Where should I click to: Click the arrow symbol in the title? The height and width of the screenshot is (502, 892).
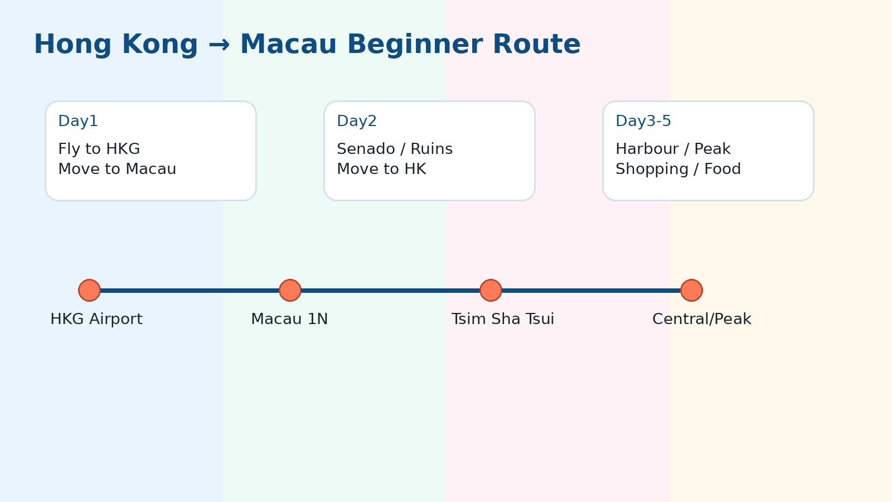click(219, 45)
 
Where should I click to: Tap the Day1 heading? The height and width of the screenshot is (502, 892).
click(78, 121)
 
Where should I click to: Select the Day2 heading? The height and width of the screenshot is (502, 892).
click(357, 121)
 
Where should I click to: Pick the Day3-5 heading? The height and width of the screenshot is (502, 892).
click(643, 121)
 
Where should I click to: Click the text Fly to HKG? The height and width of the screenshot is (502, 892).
click(99, 149)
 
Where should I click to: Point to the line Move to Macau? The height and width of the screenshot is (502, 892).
click(117, 169)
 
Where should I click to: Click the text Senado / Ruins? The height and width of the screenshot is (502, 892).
click(394, 149)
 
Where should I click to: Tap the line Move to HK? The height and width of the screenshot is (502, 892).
click(381, 169)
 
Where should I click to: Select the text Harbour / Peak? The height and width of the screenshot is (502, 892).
click(672, 149)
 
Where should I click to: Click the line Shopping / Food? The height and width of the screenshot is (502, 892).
click(678, 169)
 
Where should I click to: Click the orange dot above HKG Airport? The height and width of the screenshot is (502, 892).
click(89, 290)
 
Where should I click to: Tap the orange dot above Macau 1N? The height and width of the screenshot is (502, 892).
click(290, 290)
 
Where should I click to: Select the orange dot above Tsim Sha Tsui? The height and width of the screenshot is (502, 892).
click(491, 290)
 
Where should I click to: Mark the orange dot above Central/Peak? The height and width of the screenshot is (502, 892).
click(691, 290)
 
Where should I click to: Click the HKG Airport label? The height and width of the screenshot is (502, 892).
click(96, 319)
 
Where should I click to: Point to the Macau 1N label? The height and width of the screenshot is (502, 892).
click(289, 319)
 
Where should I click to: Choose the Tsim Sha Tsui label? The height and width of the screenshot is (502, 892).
click(502, 319)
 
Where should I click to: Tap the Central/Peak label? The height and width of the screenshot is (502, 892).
click(701, 319)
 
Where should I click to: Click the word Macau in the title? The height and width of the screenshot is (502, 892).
click(288, 45)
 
